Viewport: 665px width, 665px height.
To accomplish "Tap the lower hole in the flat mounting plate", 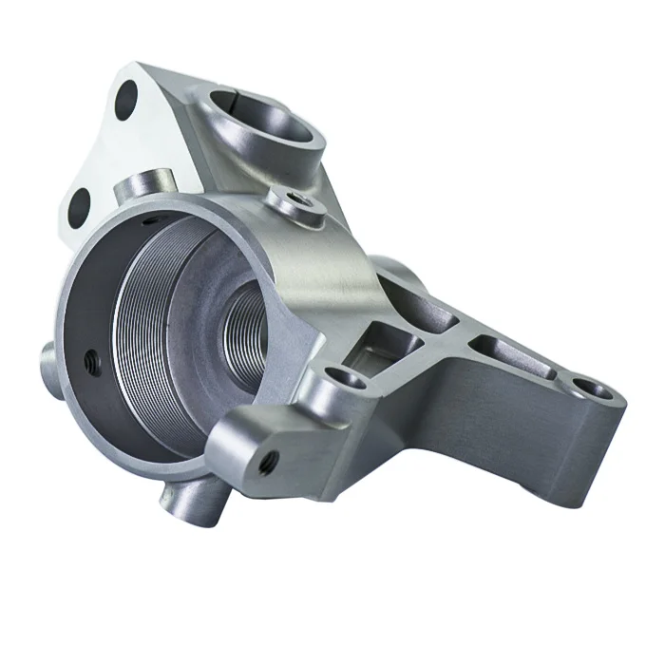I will (x=80, y=203).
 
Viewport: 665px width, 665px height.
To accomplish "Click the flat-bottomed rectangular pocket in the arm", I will (x=378, y=348).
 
